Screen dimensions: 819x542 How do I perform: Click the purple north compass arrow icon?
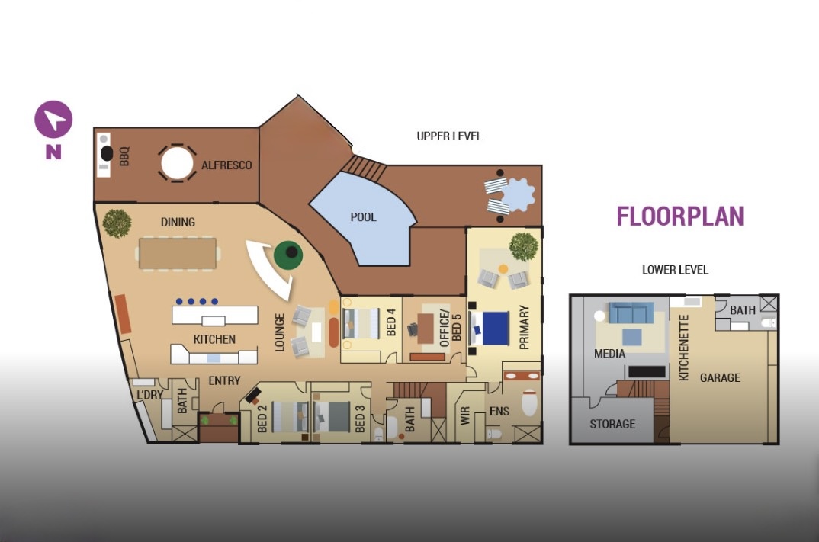(53, 120)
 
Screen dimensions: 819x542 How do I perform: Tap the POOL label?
(363, 216)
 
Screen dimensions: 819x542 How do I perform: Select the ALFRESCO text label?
(226, 165)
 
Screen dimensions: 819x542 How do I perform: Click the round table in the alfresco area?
(177, 163)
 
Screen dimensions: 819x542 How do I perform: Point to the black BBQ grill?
(107, 154)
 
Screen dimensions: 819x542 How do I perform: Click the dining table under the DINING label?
(178, 254)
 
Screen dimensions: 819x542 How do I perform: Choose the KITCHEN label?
(214, 339)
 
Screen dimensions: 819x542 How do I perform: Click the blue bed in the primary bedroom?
(495, 329)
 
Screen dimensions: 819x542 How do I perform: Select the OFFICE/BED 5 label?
(450, 328)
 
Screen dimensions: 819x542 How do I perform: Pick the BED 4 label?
(390, 322)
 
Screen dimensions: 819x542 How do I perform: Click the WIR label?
(465, 415)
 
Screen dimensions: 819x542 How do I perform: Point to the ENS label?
(499, 412)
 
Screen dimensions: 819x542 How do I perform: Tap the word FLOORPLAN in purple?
(680, 216)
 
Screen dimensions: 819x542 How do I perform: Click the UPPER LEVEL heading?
(449, 136)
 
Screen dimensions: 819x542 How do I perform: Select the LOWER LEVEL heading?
(675, 270)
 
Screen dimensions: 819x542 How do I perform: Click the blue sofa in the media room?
(631, 313)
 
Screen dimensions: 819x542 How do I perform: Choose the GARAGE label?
(720, 377)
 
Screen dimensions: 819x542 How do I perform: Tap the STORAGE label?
(612, 424)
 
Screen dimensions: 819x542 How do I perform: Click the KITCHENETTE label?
(684, 348)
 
